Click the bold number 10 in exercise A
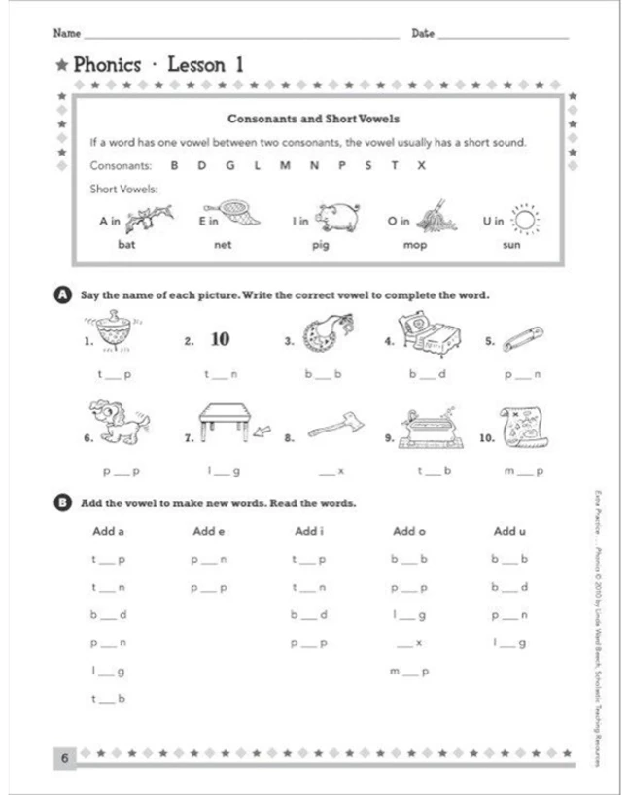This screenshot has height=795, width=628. (220, 339)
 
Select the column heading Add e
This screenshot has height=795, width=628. (208, 531)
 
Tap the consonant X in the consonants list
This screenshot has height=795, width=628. (420, 165)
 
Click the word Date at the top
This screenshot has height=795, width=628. (424, 33)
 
